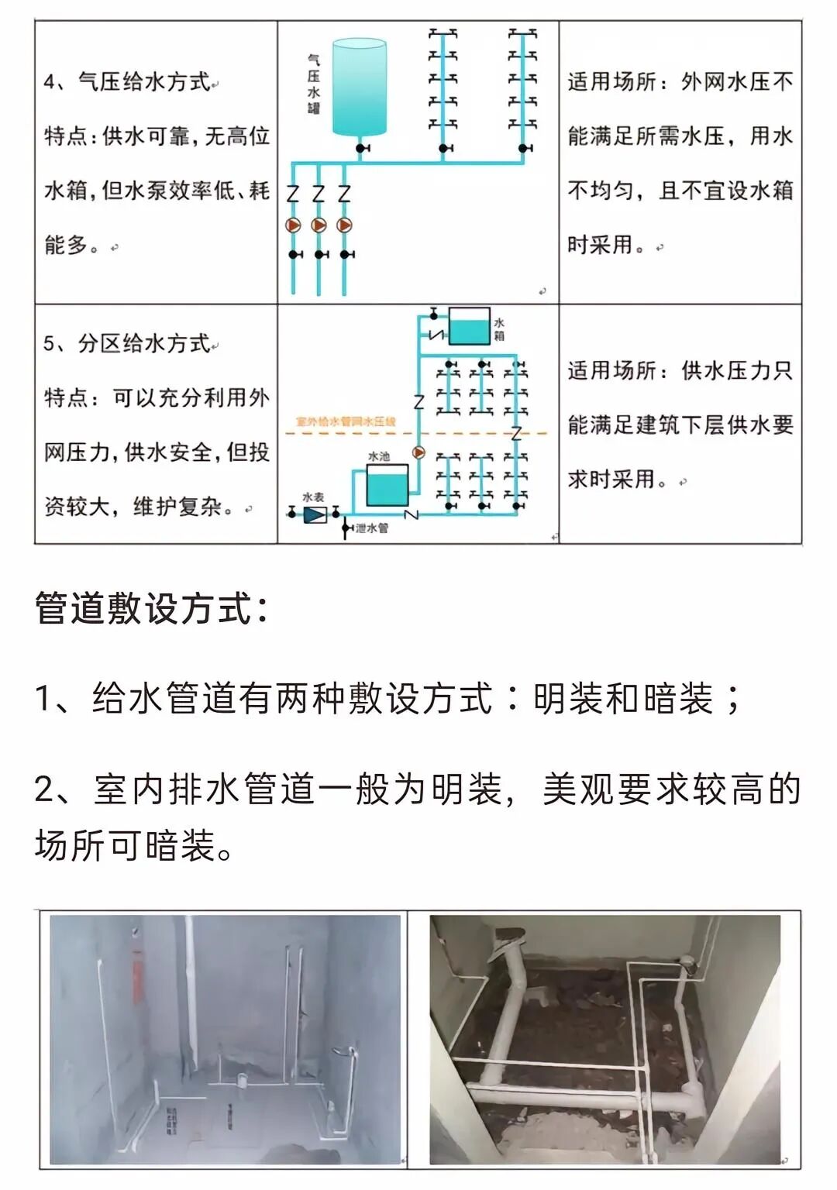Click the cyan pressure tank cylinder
(x=359, y=88)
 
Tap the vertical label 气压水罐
(x=313, y=84)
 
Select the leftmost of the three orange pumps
(x=294, y=225)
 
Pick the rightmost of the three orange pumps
(x=344, y=225)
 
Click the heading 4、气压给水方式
(x=128, y=81)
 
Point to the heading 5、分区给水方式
(x=128, y=343)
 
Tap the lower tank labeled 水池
(x=387, y=485)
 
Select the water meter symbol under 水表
(x=314, y=514)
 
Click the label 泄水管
(x=371, y=528)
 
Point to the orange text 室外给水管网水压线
(x=346, y=421)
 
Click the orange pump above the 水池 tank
(x=418, y=452)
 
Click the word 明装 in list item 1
(x=568, y=699)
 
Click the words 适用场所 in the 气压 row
(x=611, y=81)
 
